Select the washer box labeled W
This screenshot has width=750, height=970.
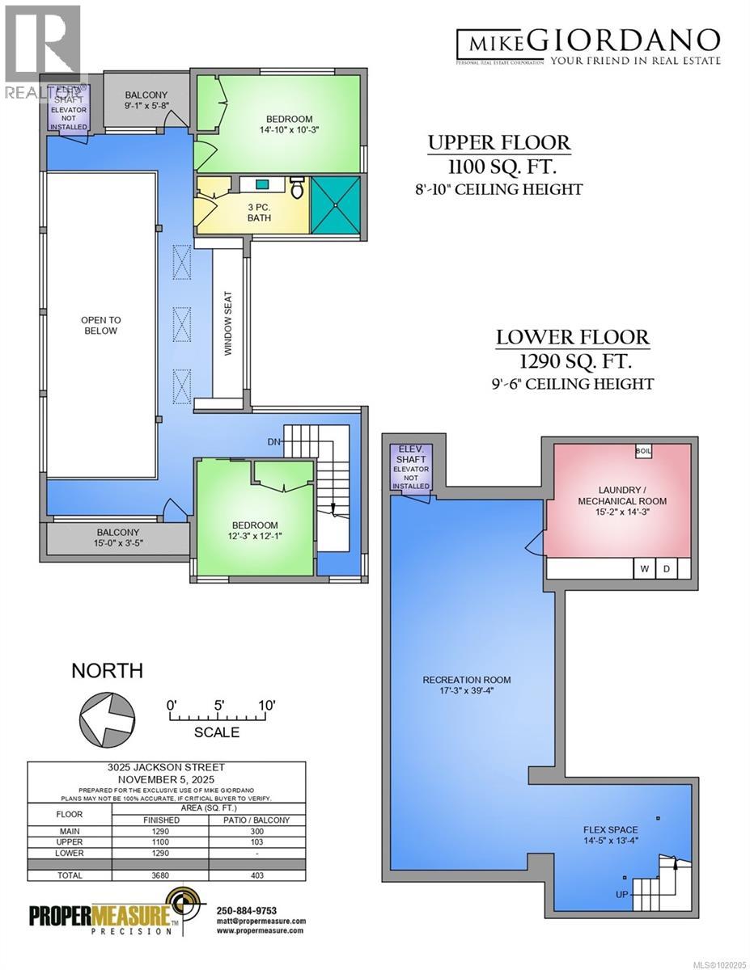pyautogui.click(x=644, y=569)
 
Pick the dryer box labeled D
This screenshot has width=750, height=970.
pyautogui.click(x=667, y=569)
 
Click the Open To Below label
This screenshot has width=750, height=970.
pyautogui.click(x=99, y=325)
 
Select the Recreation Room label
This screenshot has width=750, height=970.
pyautogui.click(x=467, y=685)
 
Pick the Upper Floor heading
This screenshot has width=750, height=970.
pyautogui.click(x=499, y=143)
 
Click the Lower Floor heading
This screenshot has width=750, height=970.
pyautogui.click(x=572, y=336)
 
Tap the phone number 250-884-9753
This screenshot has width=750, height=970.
pyautogui.click(x=249, y=910)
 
